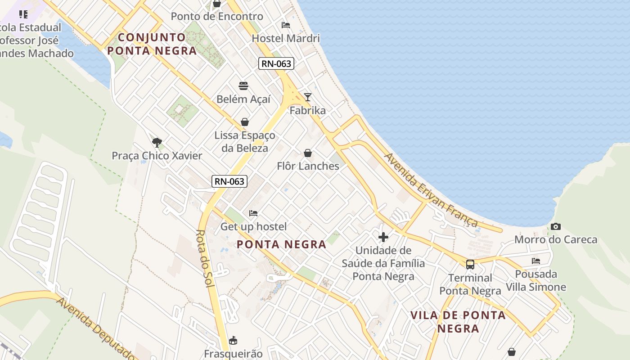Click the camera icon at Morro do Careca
pyautogui.click(x=556, y=227)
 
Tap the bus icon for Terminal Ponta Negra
pyautogui.click(x=470, y=265)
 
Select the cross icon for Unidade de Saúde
pyautogui.click(x=383, y=237)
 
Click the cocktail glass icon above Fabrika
pyautogui.click(x=308, y=97)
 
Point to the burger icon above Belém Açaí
pyautogui.click(x=243, y=86)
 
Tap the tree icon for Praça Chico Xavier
pyautogui.click(x=157, y=143)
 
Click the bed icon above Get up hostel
pyautogui.click(x=253, y=213)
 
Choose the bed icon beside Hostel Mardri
pyautogui.click(x=286, y=25)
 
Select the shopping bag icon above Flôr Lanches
pyautogui.click(x=308, y=153)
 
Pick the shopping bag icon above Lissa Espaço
pyautogui.click(x=245, y=122)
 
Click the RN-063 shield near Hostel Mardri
pyautogui.click(x=277, y=63)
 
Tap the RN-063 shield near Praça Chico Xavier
pyautogui.click(x=229, y=181)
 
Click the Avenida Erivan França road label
pyautogui.click(x=431, y=191)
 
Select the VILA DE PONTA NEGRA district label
pyautogui.click(x=458, y=322)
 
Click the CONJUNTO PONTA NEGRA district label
pyautogui.click(x=152, y=44)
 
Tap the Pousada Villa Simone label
pyautogui.click(x=536, y=280)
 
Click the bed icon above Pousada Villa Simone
pyautogui.click(x=535, y=261)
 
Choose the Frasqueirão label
pyautogui.click(x=233, y=353)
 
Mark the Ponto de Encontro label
pyautogui.click(x=217, y=17)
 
